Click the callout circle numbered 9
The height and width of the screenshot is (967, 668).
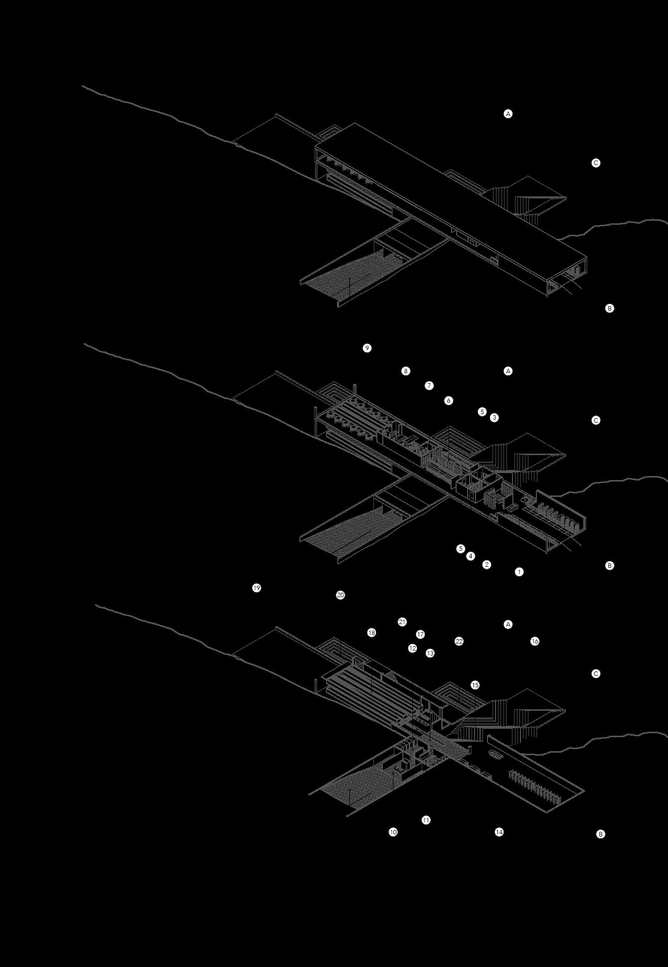click(367, 348)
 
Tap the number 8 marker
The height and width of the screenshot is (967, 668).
click(406, 371)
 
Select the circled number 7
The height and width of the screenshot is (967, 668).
click(429, 385)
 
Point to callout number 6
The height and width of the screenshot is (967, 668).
click(449, 400)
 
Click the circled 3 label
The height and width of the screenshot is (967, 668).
click(494, 418)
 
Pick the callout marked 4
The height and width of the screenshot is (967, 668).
click(471, 556)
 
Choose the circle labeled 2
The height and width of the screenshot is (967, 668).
click(487, 565)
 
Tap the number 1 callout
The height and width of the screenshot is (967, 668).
click(519, 572)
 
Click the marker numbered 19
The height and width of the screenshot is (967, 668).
click(257, 588)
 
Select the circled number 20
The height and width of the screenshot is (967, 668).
click(340, 595)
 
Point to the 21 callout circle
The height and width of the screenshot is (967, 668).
click(402, 622)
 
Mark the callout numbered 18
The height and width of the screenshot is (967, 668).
click(371, 633)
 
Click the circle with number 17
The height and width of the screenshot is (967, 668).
click(420, 635)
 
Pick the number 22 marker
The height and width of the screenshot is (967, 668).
click(459, 642)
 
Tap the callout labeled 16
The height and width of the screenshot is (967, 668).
click(535, 642)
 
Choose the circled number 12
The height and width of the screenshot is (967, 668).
click(412, 648)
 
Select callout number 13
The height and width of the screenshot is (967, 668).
click(430, 653)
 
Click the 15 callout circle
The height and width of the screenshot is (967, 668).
click(475, 685)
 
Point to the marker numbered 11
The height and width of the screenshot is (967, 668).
click(426, 820)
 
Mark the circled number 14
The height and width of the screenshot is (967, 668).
click(499, 832)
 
